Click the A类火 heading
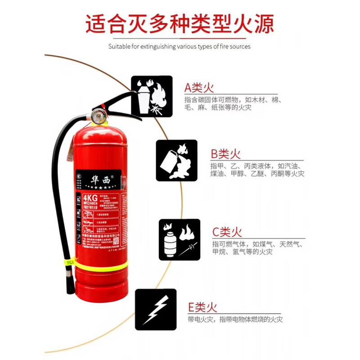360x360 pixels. coord(198,87)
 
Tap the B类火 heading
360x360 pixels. coord(226,154)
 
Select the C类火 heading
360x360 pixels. coord(227,232)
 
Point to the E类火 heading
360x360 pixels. coord(202,307)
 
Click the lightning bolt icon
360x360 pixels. coord(155,310)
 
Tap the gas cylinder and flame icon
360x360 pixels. coord(179,239)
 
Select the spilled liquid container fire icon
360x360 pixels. coord(176,161)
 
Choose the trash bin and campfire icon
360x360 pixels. coord(152,96)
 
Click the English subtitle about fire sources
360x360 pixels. coord(180,46)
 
